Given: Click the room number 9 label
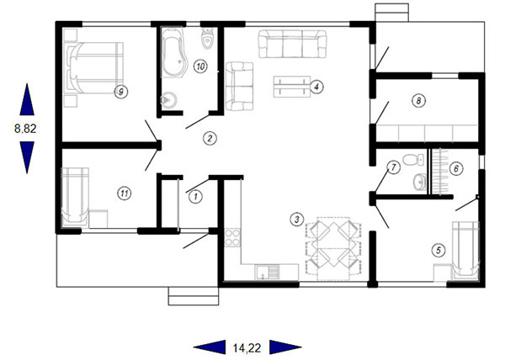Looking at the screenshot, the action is point(121,92).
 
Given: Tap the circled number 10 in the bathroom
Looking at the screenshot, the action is point(200,66).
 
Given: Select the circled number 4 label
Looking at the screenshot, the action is point(317,87).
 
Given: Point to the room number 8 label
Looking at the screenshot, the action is point(418,101).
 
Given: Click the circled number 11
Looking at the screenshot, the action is point(125,193).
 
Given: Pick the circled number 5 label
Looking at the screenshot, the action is point(439,250).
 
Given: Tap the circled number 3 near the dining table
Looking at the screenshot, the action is point(297,220).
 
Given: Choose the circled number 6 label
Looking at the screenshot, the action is point(456,168).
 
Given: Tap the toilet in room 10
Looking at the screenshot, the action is point(207,39).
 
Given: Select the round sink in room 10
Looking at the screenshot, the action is point(167,99).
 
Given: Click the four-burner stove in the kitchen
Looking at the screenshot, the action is point(232,237).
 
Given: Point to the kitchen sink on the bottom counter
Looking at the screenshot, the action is point(268,272).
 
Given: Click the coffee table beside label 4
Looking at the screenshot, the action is point(292,87).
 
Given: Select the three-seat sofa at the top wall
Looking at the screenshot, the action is point(292,44).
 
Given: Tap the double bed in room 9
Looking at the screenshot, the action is point(95,68).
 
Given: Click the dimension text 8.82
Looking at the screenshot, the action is point(25,129).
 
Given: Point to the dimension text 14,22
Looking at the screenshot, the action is point(247,347).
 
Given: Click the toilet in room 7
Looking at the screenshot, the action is point(413,159).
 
